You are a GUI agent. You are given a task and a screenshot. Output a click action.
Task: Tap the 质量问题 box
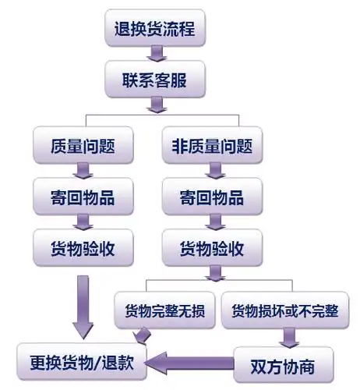tap(84, 145)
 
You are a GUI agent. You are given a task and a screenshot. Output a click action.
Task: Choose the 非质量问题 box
tap(211, 145)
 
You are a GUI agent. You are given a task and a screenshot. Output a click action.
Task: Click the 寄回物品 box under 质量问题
tap(84, 197)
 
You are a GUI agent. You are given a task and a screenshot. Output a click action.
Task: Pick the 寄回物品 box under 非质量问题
tap(211, 197)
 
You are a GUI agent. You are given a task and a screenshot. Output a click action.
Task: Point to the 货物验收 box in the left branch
tap(84, 248)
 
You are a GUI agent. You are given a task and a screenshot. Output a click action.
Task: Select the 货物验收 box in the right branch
tap(211, 250)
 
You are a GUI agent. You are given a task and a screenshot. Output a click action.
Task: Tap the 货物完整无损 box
tap(164, 311)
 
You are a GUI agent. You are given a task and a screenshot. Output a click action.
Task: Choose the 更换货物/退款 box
tap(84, 361)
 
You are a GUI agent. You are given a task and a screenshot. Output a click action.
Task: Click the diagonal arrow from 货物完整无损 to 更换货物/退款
tap(142, 335)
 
